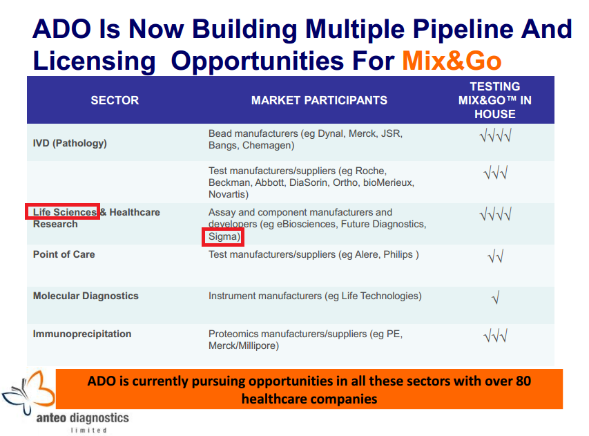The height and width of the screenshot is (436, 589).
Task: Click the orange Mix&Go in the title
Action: (452, 61)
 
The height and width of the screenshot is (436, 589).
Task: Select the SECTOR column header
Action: (115, 100)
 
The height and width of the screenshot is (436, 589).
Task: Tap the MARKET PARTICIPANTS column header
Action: (319, 100)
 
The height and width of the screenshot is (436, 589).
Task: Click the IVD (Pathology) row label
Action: (70, 143)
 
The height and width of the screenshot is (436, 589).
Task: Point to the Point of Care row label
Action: (64, 254)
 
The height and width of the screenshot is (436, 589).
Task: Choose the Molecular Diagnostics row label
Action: (86, 296)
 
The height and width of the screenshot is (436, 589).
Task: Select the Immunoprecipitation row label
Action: (82, 334)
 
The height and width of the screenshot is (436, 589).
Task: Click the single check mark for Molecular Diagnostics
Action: (496, 298)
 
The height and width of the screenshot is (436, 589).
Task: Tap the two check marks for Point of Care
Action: (496, 256)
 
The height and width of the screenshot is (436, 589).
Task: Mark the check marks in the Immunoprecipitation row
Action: (496, 335)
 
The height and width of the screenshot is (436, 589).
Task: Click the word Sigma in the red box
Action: (223, 236)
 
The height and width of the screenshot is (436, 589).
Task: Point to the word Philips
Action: (398, 254)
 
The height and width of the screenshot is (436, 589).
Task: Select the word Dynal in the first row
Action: (331, 134)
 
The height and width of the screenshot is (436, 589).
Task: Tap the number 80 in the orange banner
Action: (523, 381)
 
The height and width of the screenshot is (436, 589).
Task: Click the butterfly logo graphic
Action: (28, 392)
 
